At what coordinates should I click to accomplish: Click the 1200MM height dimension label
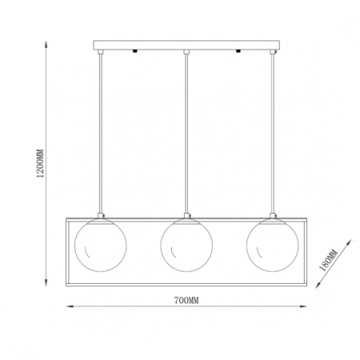point(41,163)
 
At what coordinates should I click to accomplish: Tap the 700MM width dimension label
point(186,301)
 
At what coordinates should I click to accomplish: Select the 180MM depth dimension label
point(329,260)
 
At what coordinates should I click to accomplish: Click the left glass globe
point(101,245)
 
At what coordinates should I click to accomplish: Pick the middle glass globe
point(186,245)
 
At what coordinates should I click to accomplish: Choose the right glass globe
point(272,245)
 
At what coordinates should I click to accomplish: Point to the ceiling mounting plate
point(186,45)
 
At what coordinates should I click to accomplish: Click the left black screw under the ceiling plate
point(135,51)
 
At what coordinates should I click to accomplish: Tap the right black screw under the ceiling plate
point(238,51)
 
